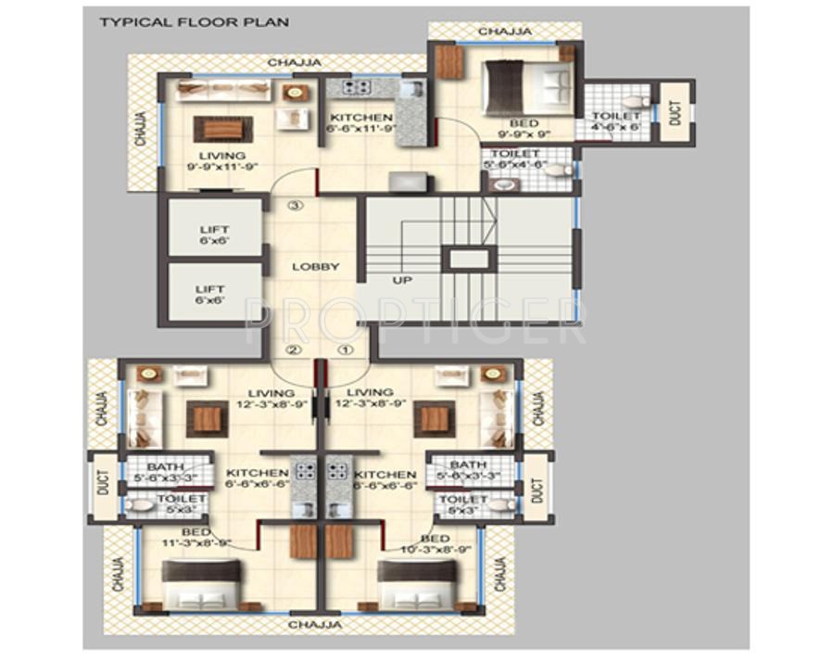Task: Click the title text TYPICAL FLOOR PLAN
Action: [194, 21]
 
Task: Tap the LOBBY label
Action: [316, 267]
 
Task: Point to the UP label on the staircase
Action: [401, 279]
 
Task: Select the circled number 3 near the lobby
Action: [295, 206]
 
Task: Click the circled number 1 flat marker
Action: [345, 350]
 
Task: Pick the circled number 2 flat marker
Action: [294, 350]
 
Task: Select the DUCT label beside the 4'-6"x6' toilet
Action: [676, 112]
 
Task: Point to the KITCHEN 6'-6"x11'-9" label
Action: [361, 123]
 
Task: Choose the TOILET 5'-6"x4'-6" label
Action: [515, 159]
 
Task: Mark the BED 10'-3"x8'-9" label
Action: [436, 544]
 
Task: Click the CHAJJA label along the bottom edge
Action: [314, 626]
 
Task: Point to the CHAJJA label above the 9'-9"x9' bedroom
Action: [505, 32]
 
